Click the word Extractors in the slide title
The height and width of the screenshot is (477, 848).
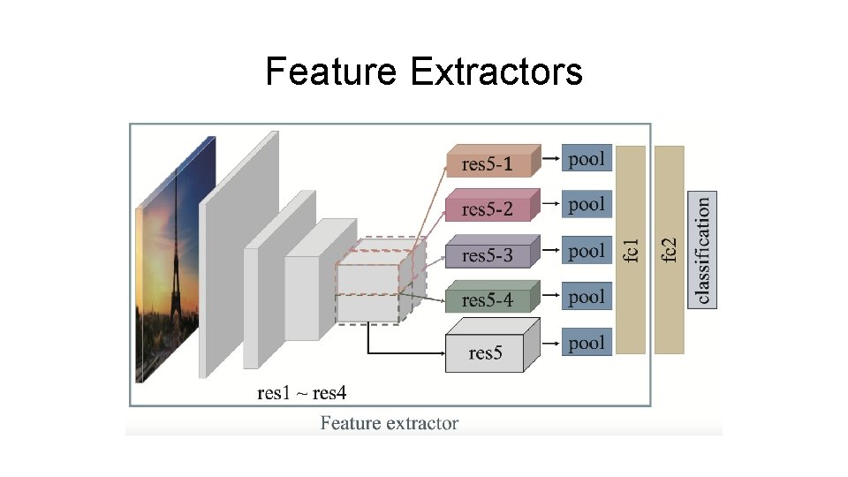pos(496,72)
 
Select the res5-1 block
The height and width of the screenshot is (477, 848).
pos(487,163)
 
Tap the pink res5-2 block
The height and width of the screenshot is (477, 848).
pos(487,209)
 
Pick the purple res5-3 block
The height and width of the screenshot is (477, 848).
pos(487,255)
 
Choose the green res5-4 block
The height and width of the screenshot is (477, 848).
pos(487,300)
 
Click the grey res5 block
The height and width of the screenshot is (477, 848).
pos(485,352)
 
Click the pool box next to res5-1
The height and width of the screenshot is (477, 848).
pos(587,159)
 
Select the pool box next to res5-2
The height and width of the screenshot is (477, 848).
pos(587,205)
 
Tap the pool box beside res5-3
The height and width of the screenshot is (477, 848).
pos(587,251)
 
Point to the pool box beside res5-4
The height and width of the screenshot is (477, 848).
pos(587,297)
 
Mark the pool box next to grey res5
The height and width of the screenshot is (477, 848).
pos(587,343)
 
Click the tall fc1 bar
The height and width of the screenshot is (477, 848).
pos(631,250)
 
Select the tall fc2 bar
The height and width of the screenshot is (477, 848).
pos(670,250)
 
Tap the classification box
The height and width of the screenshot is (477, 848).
pos(702,250)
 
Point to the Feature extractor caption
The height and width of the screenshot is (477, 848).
pos(390,423)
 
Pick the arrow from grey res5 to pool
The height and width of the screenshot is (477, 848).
pos(550,343)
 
